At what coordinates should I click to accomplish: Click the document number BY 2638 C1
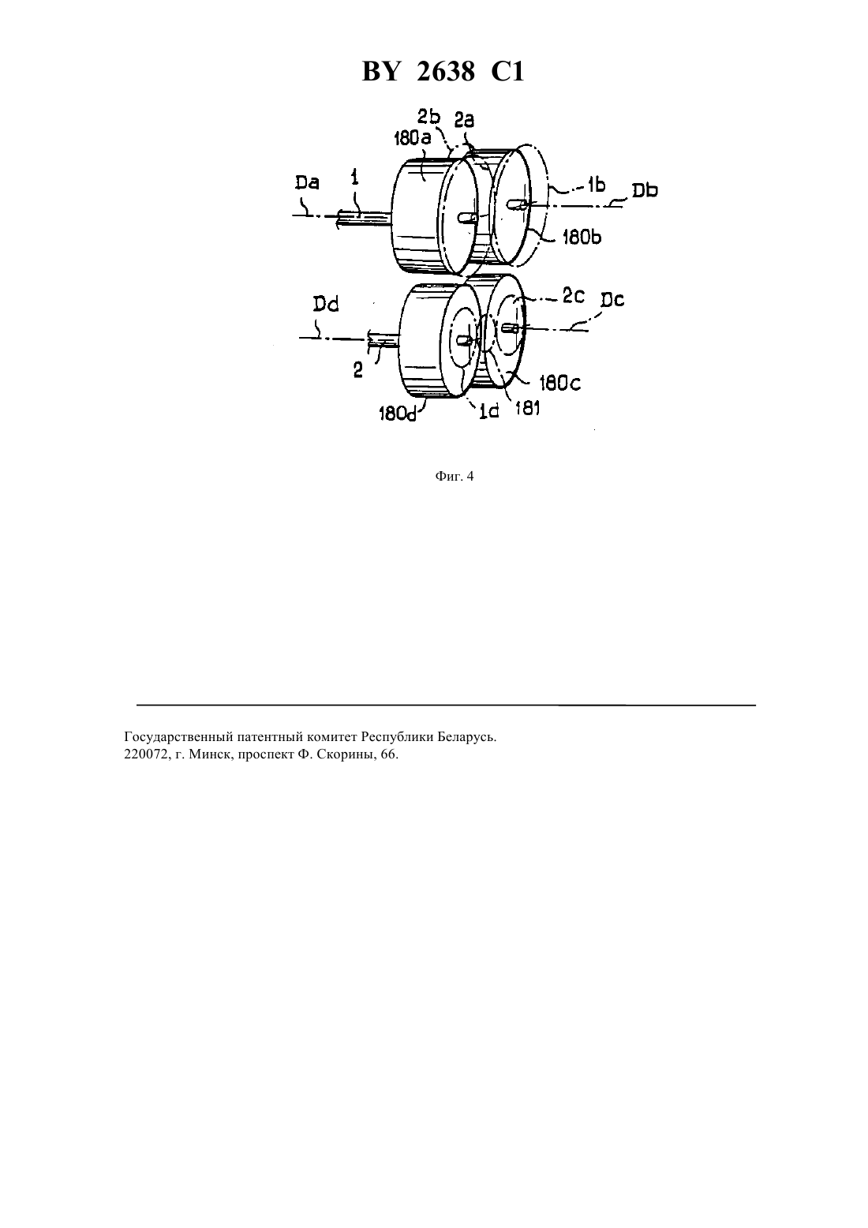click(x=443, y=72)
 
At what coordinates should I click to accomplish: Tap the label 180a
click(x=413, y=138)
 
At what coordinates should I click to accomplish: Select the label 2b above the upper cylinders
click(x=428, y=117)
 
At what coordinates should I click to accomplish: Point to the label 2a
click(x=464, y=120)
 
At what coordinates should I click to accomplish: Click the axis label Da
click(x=307, y=182)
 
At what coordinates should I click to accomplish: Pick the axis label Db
click(x=645, y=190)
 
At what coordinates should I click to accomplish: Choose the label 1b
click(x=597, y=185)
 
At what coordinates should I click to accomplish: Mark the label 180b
click(x=582, y=238)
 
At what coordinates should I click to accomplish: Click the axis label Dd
click(x=325, y=304)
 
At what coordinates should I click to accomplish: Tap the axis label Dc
click(x=612, y=300)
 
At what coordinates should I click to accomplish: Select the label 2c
click(x=574, y=295)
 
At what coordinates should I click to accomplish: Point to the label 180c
click(x=560, y=384)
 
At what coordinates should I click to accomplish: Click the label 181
click(x=528, y=409)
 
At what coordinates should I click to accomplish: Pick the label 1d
click(x=489, y=411)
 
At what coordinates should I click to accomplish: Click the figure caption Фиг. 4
click(x=455, y=477)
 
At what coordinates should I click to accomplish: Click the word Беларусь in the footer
click(x=469, y=737)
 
